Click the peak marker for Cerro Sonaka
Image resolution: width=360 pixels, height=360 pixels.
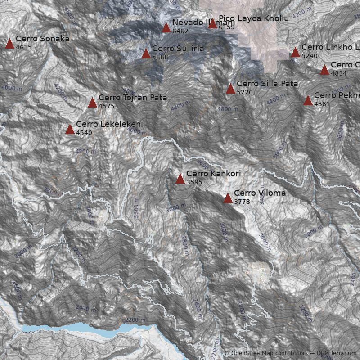pos(9,44)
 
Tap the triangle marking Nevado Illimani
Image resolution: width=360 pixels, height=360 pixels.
pos(166,28)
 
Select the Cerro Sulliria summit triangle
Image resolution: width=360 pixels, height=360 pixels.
pos(146,54)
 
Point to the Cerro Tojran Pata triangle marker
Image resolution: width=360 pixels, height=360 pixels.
pos(92,103)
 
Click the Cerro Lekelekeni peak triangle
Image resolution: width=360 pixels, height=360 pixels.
pos(70,130)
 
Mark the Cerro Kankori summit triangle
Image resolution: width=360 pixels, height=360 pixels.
pos(180,179)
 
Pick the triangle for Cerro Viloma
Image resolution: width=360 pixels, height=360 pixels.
pos(228,198)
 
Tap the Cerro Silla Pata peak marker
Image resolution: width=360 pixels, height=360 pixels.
pos(230,89)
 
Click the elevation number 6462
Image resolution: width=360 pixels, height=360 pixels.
pos(180,31)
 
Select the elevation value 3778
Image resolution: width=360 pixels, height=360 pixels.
pos(242,202)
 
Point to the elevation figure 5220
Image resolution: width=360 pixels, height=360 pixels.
pos(244,92)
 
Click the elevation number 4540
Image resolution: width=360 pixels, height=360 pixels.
pos(84,133)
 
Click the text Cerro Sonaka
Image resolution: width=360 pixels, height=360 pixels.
pos(42,38)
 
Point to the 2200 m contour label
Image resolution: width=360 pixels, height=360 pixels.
pos(135,319)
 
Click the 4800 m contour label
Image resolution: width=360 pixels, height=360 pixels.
pos(228,109)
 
